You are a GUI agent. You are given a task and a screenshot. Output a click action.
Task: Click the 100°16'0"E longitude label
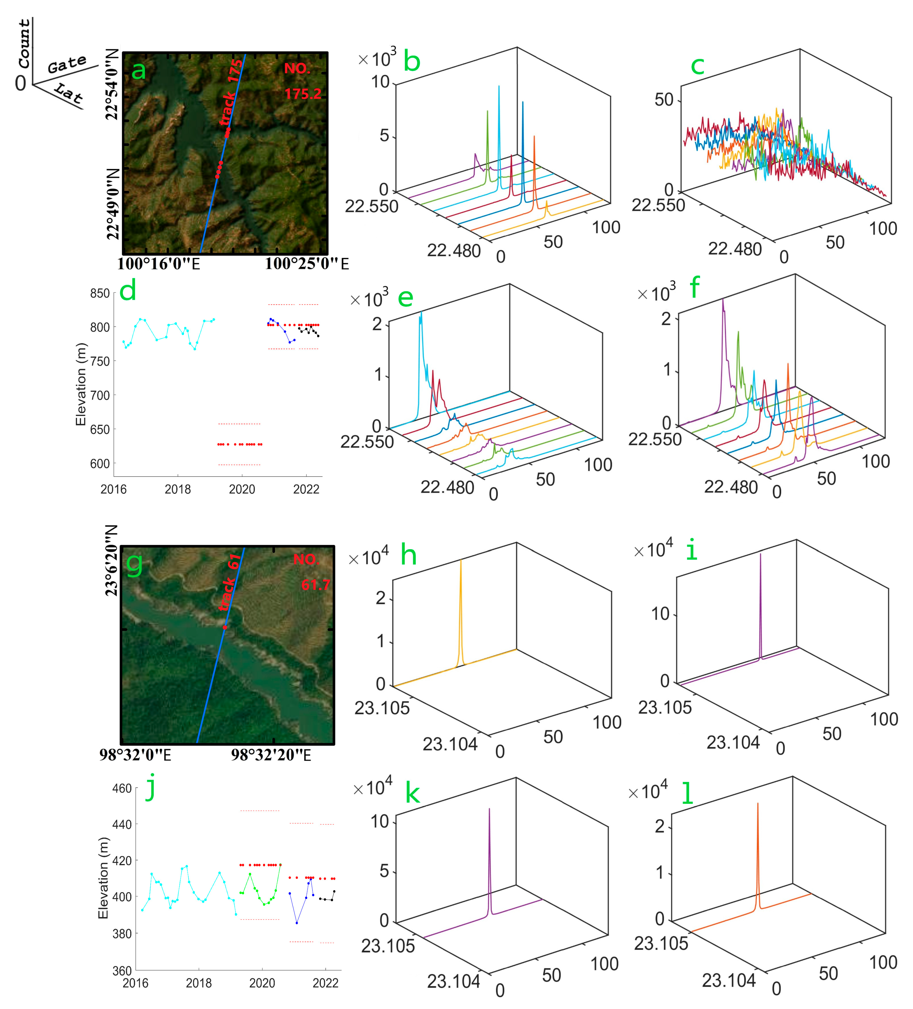[x=158, y=264]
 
